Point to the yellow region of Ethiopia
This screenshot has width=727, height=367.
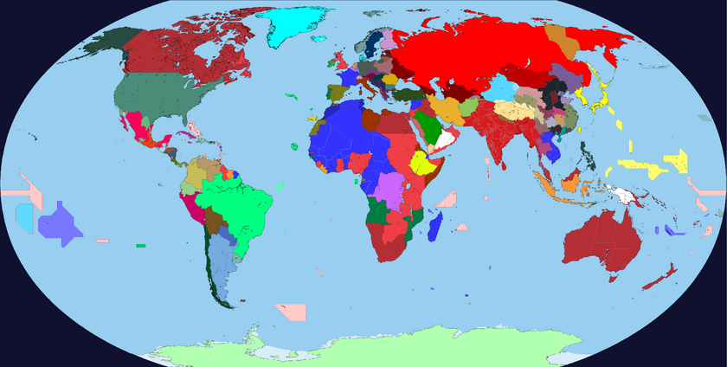[x=421, y=162]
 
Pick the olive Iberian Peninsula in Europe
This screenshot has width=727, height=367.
[x=332, y=92]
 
